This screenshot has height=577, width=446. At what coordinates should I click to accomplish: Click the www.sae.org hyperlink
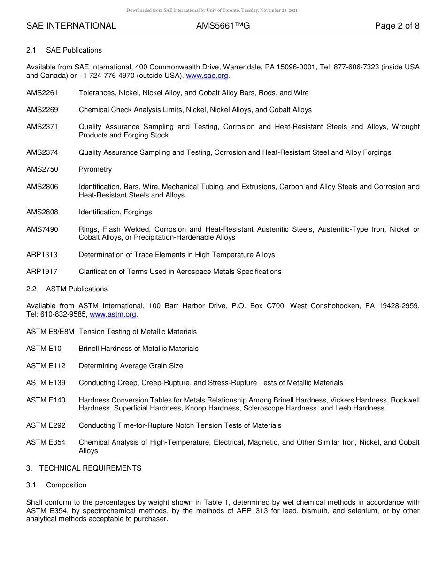(x=207, y=76)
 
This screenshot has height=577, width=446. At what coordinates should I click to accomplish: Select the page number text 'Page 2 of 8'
(x=397, y=26)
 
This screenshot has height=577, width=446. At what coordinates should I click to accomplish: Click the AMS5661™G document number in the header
(x=223, y=26)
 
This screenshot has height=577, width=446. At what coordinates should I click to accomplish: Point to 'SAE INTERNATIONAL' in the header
(x=71, y=26)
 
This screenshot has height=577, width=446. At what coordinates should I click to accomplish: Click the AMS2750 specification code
(x=42, y=169)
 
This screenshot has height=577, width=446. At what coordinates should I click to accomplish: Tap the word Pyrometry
(x=95, y=169)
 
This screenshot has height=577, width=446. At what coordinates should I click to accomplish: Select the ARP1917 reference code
(x=42, y=272)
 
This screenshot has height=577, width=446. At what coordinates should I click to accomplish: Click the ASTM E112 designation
(x=46, y=366)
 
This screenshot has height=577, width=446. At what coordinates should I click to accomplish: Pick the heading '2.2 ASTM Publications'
(x=67, y=289)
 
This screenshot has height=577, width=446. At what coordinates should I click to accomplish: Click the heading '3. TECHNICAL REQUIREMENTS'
(x=84, y=468)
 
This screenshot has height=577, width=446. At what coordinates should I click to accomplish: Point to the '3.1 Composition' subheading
(x=56, y=485)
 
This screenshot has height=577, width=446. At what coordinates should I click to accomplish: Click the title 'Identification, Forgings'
(x=115, y=212)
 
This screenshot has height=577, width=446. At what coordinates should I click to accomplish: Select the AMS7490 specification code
(x=42, y=229)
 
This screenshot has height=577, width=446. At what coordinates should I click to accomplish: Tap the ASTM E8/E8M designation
(x=50, y=332)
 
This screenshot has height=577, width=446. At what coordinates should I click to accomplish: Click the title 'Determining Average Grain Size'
(x=131, y=366)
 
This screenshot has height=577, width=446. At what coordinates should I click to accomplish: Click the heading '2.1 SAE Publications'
(x=64, y=50)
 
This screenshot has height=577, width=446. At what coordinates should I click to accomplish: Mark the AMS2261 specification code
(x=42, y=93)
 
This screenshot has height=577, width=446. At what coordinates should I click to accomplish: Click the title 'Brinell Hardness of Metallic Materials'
(x=138, y=349)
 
